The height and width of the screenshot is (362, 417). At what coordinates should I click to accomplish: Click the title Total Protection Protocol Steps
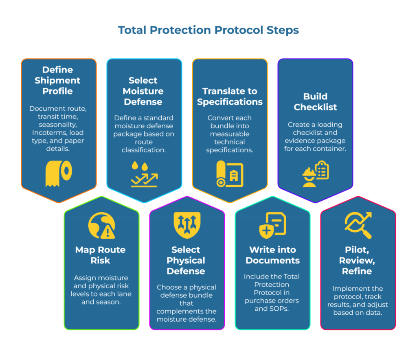click(208, 30)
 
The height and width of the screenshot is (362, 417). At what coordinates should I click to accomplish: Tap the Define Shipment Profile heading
click(57, 80)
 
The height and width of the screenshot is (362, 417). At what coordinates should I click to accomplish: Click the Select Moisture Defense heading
click(143, 91)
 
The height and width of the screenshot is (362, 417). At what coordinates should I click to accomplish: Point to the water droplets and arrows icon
click(144, 174)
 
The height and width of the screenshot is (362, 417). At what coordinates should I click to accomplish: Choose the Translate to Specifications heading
click(230, 97)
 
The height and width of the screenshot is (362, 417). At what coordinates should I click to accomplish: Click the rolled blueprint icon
click(230, 174)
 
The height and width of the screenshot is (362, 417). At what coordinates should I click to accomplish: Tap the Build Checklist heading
click(315, 101)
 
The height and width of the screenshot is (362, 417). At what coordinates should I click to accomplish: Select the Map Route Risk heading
click(101, 255)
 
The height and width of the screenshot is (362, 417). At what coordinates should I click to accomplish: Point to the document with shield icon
click(272, 225)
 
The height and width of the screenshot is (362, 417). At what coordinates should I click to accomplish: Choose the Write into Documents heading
click(272, 255)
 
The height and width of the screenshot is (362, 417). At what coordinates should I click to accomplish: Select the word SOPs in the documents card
click(281, 309)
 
